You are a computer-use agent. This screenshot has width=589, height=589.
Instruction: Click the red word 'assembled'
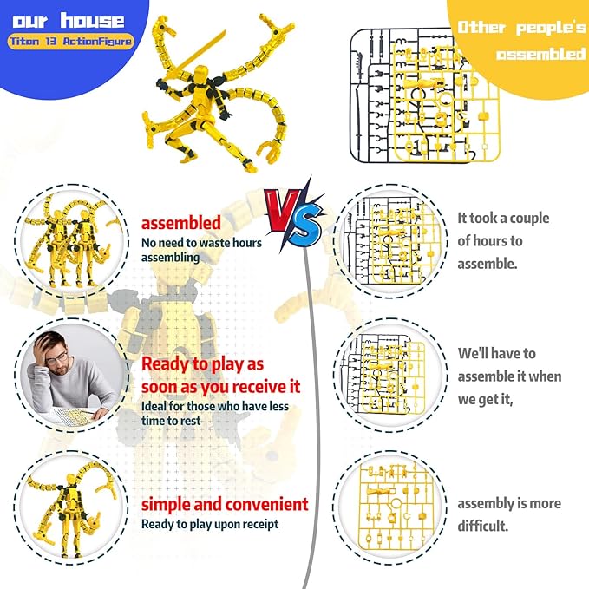(180, 223)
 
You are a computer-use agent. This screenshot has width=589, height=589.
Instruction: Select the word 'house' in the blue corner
(93, 21)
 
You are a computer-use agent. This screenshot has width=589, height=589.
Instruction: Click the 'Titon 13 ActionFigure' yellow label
(70, 42)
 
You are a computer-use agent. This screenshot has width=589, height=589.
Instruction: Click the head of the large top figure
(201, 72)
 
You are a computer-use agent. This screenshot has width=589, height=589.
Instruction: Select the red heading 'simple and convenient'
(225, 504)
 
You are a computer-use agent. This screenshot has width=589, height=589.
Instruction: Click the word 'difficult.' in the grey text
(482, 526)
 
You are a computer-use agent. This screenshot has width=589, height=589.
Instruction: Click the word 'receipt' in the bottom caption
(261, 524)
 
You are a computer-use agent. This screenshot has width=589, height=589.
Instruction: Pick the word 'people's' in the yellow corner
(551, 28)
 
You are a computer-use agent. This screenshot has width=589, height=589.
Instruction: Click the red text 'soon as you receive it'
(221, 387)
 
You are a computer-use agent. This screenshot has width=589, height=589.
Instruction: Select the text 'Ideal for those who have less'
(215, 406)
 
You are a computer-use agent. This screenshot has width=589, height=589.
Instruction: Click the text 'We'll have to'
(496, 353)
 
